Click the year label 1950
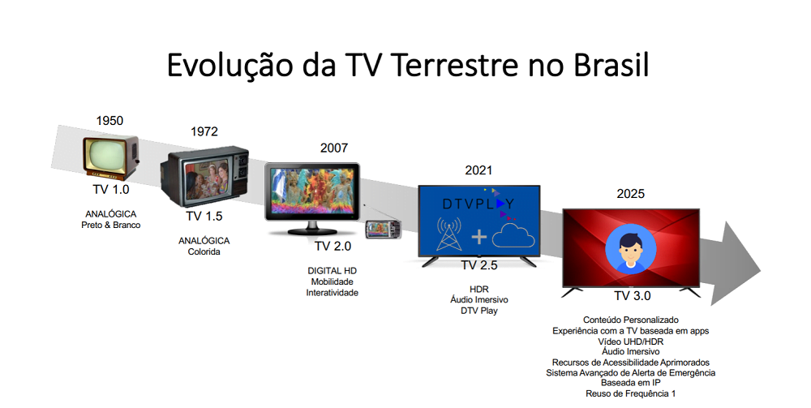[x=109, y=121]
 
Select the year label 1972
[x=204, y=131]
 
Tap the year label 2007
[x=333, y=148]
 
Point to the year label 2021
[x=478, y=170]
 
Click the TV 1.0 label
[x=111, y=189]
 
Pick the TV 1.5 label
[x=204, y=216]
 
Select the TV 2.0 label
[x=333, y=246]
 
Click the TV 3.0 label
[x=633, y=296]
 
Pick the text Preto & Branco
[x=112, y=225]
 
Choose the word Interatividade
[x=332, y=293]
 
